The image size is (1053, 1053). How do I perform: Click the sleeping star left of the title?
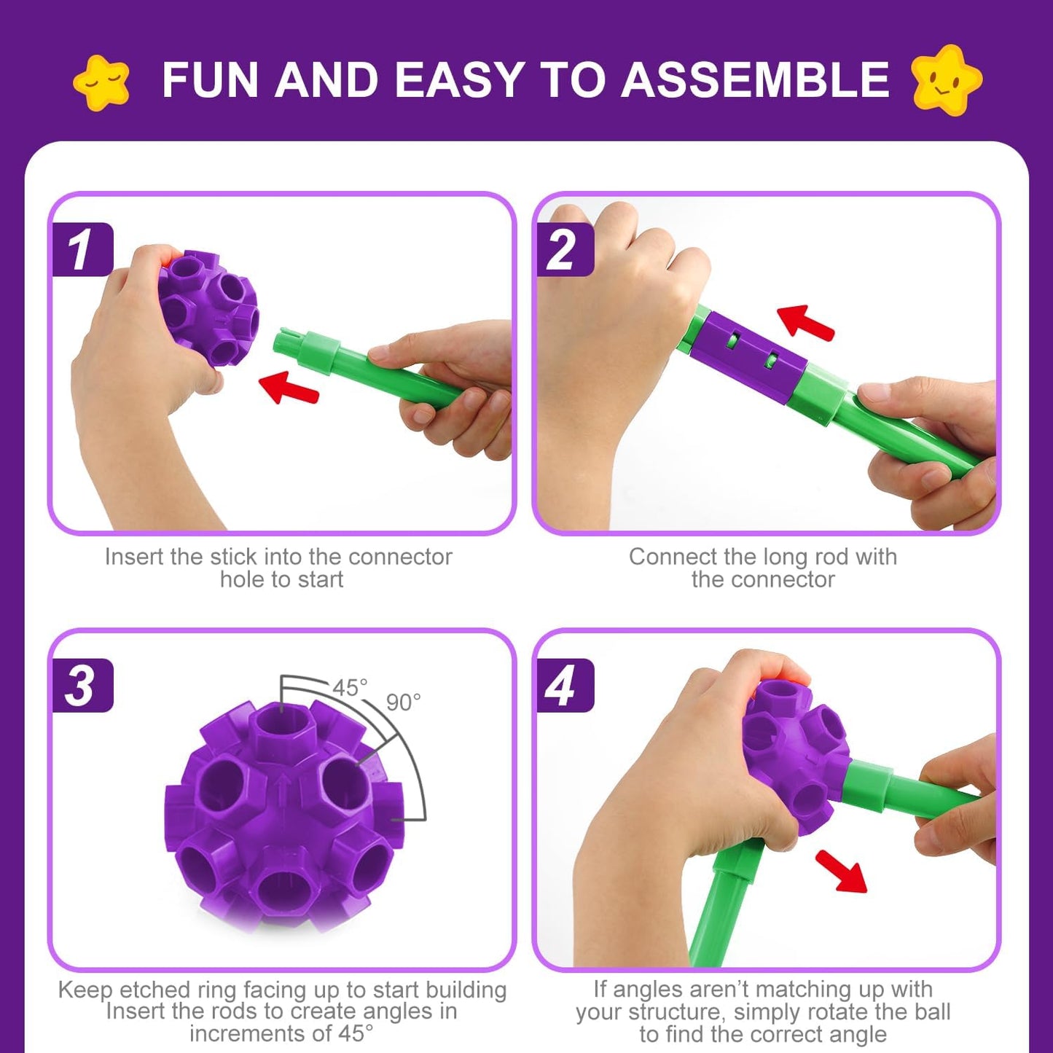pyautogui.click(x=101, y=82)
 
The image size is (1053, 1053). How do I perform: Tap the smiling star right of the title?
pyautogui.click(x=945, y=79)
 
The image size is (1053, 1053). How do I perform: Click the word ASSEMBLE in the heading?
pyautogui.click(x=755, y=79)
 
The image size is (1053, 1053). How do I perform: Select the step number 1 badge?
pyautogui.click(x=82, y=250)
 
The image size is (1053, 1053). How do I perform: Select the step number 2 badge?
pyautogui.click(x=563, y=250)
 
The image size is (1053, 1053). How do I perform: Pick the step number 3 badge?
pyautogui.click(x=82, y=686)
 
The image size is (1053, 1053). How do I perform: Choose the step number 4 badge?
pyautogui.click(x=563, y=686)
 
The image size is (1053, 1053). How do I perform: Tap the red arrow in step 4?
pyautogui.click(x=843, y=870)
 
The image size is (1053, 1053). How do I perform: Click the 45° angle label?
pyautogui.click(x=350, y=687)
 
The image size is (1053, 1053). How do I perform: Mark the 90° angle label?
pyautogui.click(x=403, y=702)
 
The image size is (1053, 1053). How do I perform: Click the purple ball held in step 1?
pyautogui.click(x=208, y=306)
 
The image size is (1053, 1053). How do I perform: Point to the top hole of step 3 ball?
pyautogui.click(x=281, y=728)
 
